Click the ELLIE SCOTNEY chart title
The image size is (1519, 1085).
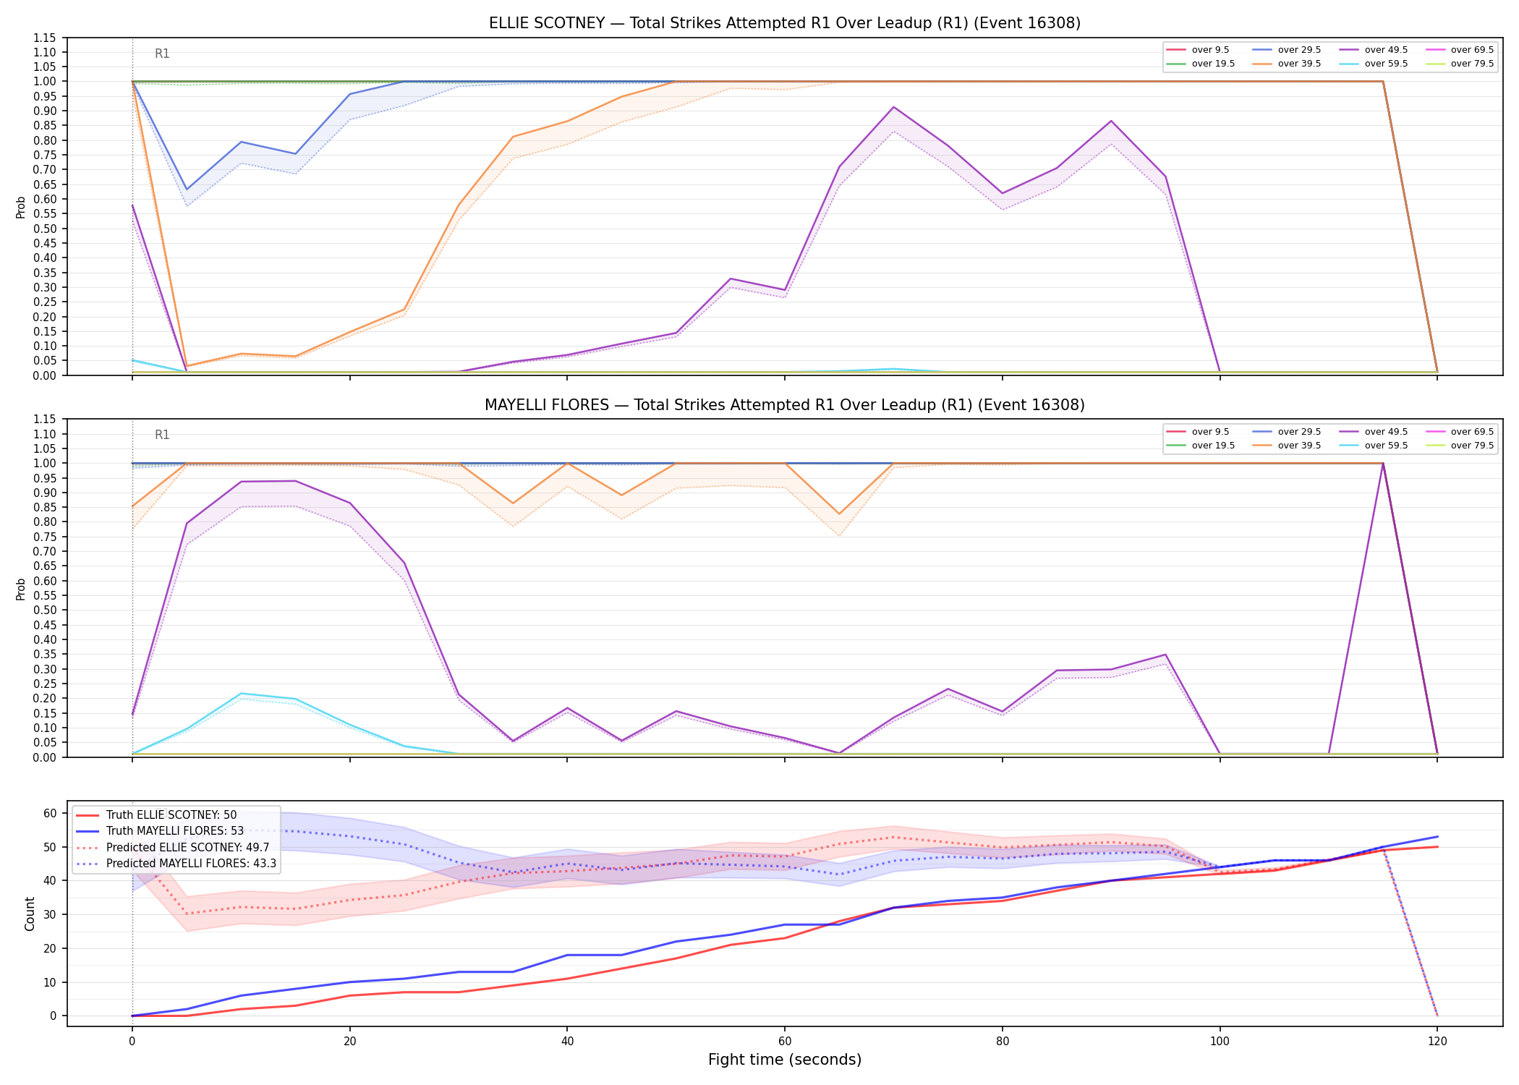coord(785,23)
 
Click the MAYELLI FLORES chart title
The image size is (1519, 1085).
coord(785,405)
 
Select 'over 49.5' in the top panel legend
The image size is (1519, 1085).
coord(1386,50)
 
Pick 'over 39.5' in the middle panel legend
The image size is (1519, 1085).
coord(1299,446)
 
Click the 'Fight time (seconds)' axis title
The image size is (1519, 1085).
coord(785,1060)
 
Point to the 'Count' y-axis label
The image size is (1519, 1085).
coord(30,914)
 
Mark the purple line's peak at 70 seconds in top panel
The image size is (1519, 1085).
coord(894,107)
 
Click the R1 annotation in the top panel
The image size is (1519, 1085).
coord(162,54)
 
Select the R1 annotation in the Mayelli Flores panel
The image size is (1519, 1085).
coord(162,435)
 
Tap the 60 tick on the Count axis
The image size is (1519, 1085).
coord(50,813)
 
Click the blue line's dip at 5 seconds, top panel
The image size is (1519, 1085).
coord(187,190)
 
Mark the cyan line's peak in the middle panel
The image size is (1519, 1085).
coord(241,694)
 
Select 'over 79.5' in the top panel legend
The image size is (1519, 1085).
coord(1472,64)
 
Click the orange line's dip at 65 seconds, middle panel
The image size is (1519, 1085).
coord(839,514)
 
